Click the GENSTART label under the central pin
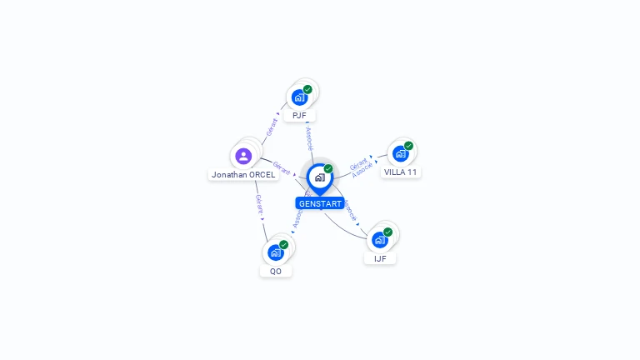(x=319, y=203)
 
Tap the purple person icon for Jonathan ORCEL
(x=243, y=156)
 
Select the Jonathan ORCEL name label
(x=243, y=175)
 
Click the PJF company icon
(x=299, y=97)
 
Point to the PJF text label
(x=299, y=115)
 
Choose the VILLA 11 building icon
(x=400, y=154)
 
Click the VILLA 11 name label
(x=401, y=172)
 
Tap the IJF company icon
(x=380, y=240)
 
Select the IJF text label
(x=380, y=258)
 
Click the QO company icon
(x=276, y=252)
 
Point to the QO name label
(x=276, y=271)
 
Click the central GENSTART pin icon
(x=319, y=177)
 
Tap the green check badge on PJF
(x=307, y=89)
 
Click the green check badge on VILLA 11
(x=408, y=146)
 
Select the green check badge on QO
(x=284, y=245)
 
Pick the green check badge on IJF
(x=388, y=232)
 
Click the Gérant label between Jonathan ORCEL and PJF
(x=272, y=127)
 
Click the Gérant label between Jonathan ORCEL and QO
(x=259, y=205)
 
